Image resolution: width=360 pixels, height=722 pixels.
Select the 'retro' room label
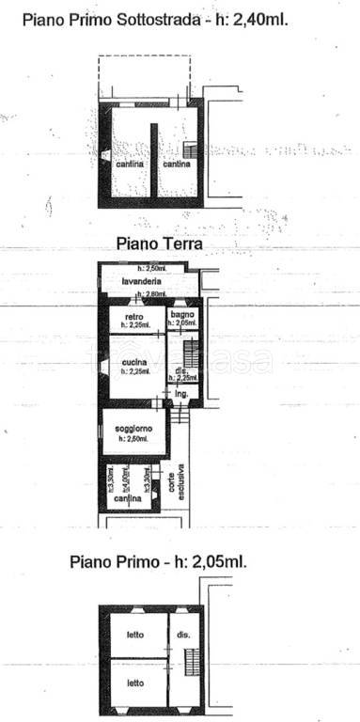click(x=133, y=317)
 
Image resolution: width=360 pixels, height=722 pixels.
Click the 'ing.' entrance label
click(x=182, y=393)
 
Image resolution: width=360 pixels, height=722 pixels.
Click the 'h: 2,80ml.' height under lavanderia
click(x=150, y=295)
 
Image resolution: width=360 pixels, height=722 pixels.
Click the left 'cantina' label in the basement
click(x=130, y=165)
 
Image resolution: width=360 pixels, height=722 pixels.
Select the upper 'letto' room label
click(x=135, y=635)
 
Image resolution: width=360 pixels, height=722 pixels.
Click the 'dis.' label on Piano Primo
click(x=180, y=636)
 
